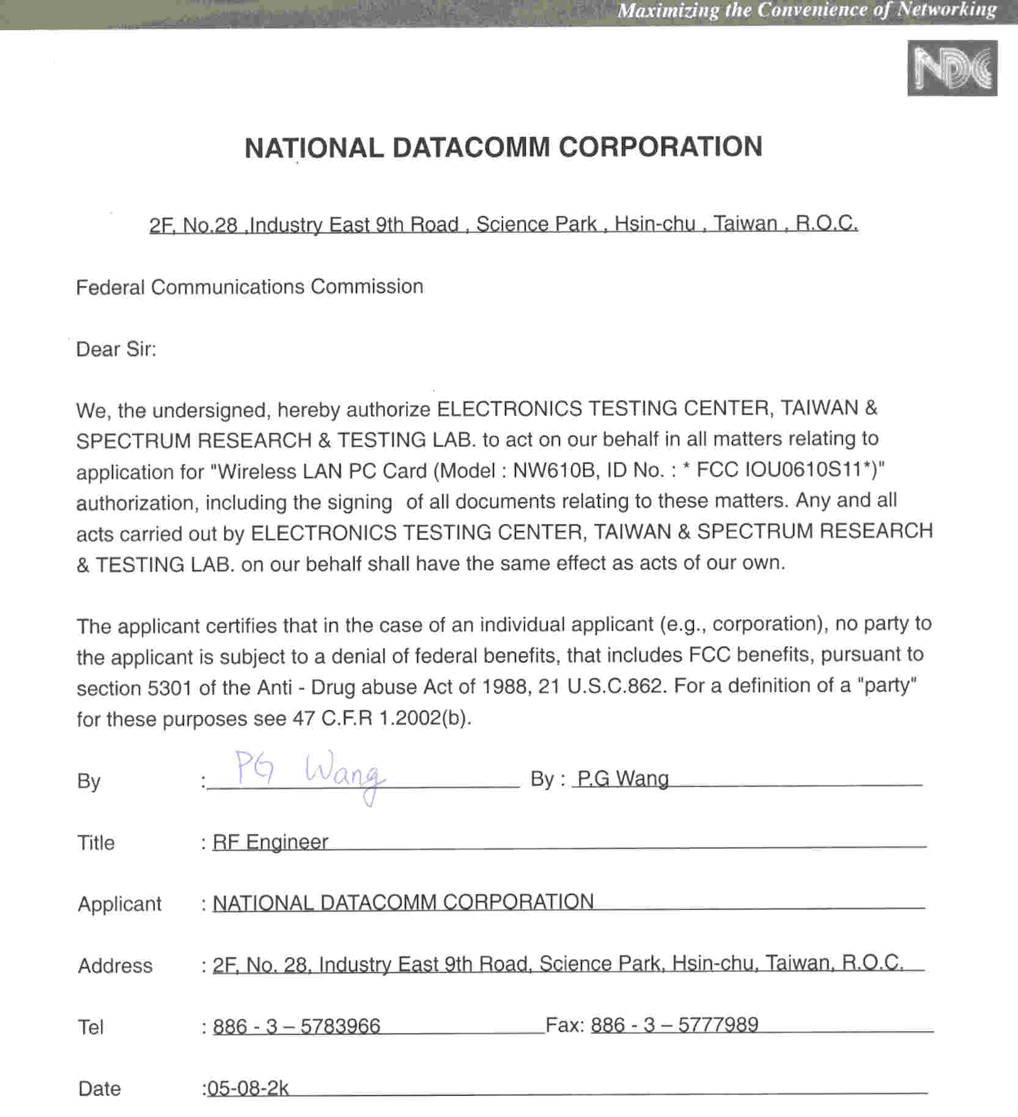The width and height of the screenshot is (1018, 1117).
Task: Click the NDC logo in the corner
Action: pyautogui.click(x=952, y=68)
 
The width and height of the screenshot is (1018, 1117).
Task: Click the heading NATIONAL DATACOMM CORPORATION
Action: pyautogui.click(x=503, y=147)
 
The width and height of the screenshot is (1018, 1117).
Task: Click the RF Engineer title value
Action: pyautogui.click(x=270, y=842)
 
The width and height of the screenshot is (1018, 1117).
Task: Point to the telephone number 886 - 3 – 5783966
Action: pyautogui.click(x=296, y=1026)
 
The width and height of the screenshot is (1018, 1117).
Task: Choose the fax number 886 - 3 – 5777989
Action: pyautogui.click(x=674, y=1025)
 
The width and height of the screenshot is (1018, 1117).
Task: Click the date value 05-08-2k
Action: pyautogui.click(x=248, y=1088)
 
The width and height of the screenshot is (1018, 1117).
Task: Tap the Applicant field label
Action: pyautogui.click(x=119, y=904)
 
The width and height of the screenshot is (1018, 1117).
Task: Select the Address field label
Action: pyautogui.click(x=115, y=966)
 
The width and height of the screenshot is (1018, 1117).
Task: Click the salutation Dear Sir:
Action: pyautogui.click(x=116, y=349)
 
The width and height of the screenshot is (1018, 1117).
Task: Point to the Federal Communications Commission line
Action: pyautogui.click(x=249, y=287)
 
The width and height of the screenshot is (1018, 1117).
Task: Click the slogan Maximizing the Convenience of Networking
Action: pyautogui.click(x=806, y=10)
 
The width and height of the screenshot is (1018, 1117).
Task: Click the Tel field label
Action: pyautogui.click(x=90, y=1027)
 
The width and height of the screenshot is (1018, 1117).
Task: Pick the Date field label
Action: pyautogui.click(x=99, y=1089)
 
